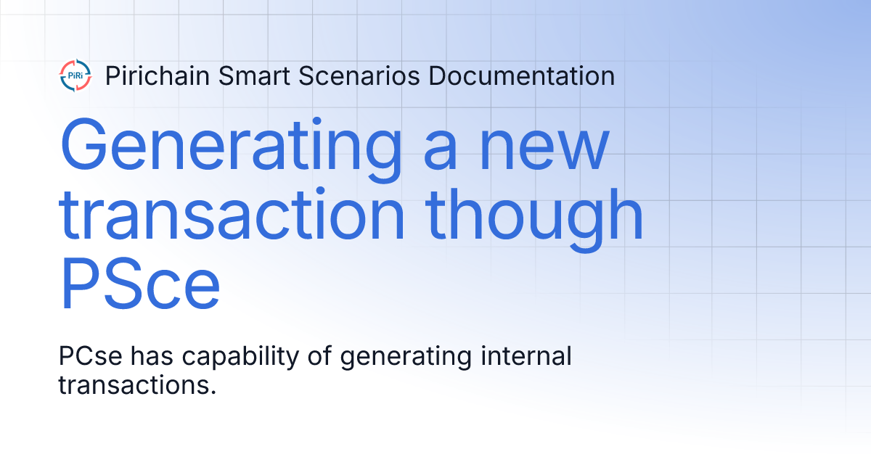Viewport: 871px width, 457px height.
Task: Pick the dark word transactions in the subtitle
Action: coord(134,385)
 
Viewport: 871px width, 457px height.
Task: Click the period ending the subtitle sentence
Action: coord(214,392)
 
